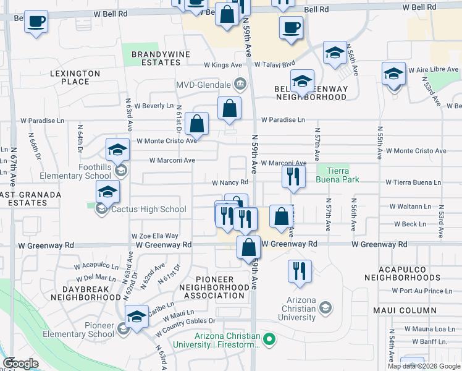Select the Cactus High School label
(148, 209)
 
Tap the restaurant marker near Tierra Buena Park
(293, 177)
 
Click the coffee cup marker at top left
(36, 21)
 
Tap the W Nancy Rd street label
(230, 182)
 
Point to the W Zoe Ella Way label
(155, 236)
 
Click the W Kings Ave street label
(223, 65)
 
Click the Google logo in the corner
(21, 364)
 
